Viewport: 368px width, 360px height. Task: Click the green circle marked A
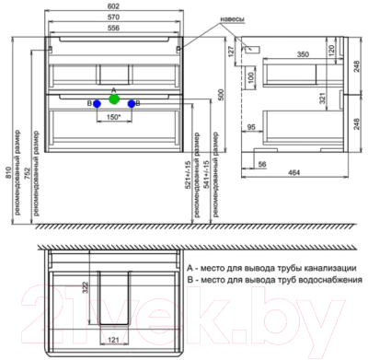113,98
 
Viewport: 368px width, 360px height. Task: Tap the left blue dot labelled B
97,104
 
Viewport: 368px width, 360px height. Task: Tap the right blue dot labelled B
132,104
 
